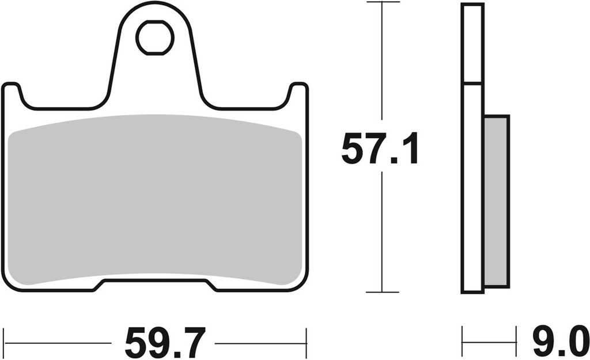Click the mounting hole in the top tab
coord(155,37)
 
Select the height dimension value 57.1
coord(380,149)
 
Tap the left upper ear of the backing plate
coord(12,92)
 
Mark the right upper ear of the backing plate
coord(298,92)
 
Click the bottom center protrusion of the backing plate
coord(155,286)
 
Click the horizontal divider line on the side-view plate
coord(472,84)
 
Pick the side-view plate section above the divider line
coord(472,44)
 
